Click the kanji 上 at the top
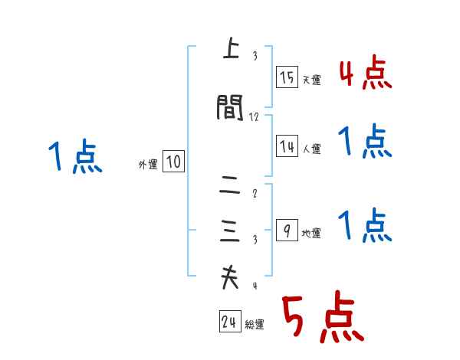pos(228,51)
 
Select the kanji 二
pos(228,185)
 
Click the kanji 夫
pos(228,278)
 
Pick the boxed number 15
pos(287,77)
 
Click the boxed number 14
pos(287,146)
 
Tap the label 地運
pos(311,234)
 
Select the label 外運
pos(148,165)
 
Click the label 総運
pos(255,326)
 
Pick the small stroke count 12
pos(255,116)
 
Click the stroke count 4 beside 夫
pos(255,286)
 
